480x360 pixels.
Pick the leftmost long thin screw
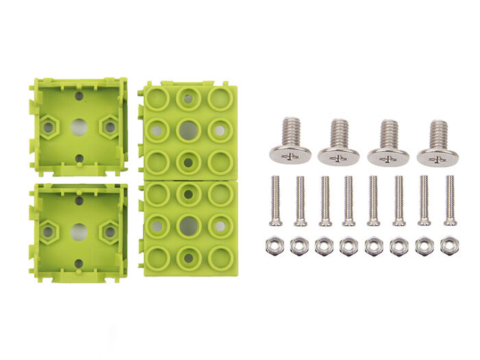coord(275,201)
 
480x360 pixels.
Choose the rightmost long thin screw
coord(450,201)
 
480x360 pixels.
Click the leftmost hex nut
coord(274,245)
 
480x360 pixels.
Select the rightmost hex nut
coord(450,245)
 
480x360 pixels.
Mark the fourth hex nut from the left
coord(349,245)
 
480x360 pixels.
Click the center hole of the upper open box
coord(79,127)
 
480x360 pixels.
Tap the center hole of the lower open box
coord(79,232)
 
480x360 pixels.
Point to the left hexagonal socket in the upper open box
coord(48,127)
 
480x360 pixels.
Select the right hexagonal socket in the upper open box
coord(109,127)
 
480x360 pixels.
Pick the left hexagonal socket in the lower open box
coord(48,232)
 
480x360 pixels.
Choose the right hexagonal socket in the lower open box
coord(109,232)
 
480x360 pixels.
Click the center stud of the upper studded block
coord(188,130)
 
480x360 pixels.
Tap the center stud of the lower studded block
coord(188,226)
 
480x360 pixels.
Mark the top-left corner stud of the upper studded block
coord(156,99)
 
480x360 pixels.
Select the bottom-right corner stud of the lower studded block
coord(220,258)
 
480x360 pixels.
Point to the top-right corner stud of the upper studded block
coord(219,99)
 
